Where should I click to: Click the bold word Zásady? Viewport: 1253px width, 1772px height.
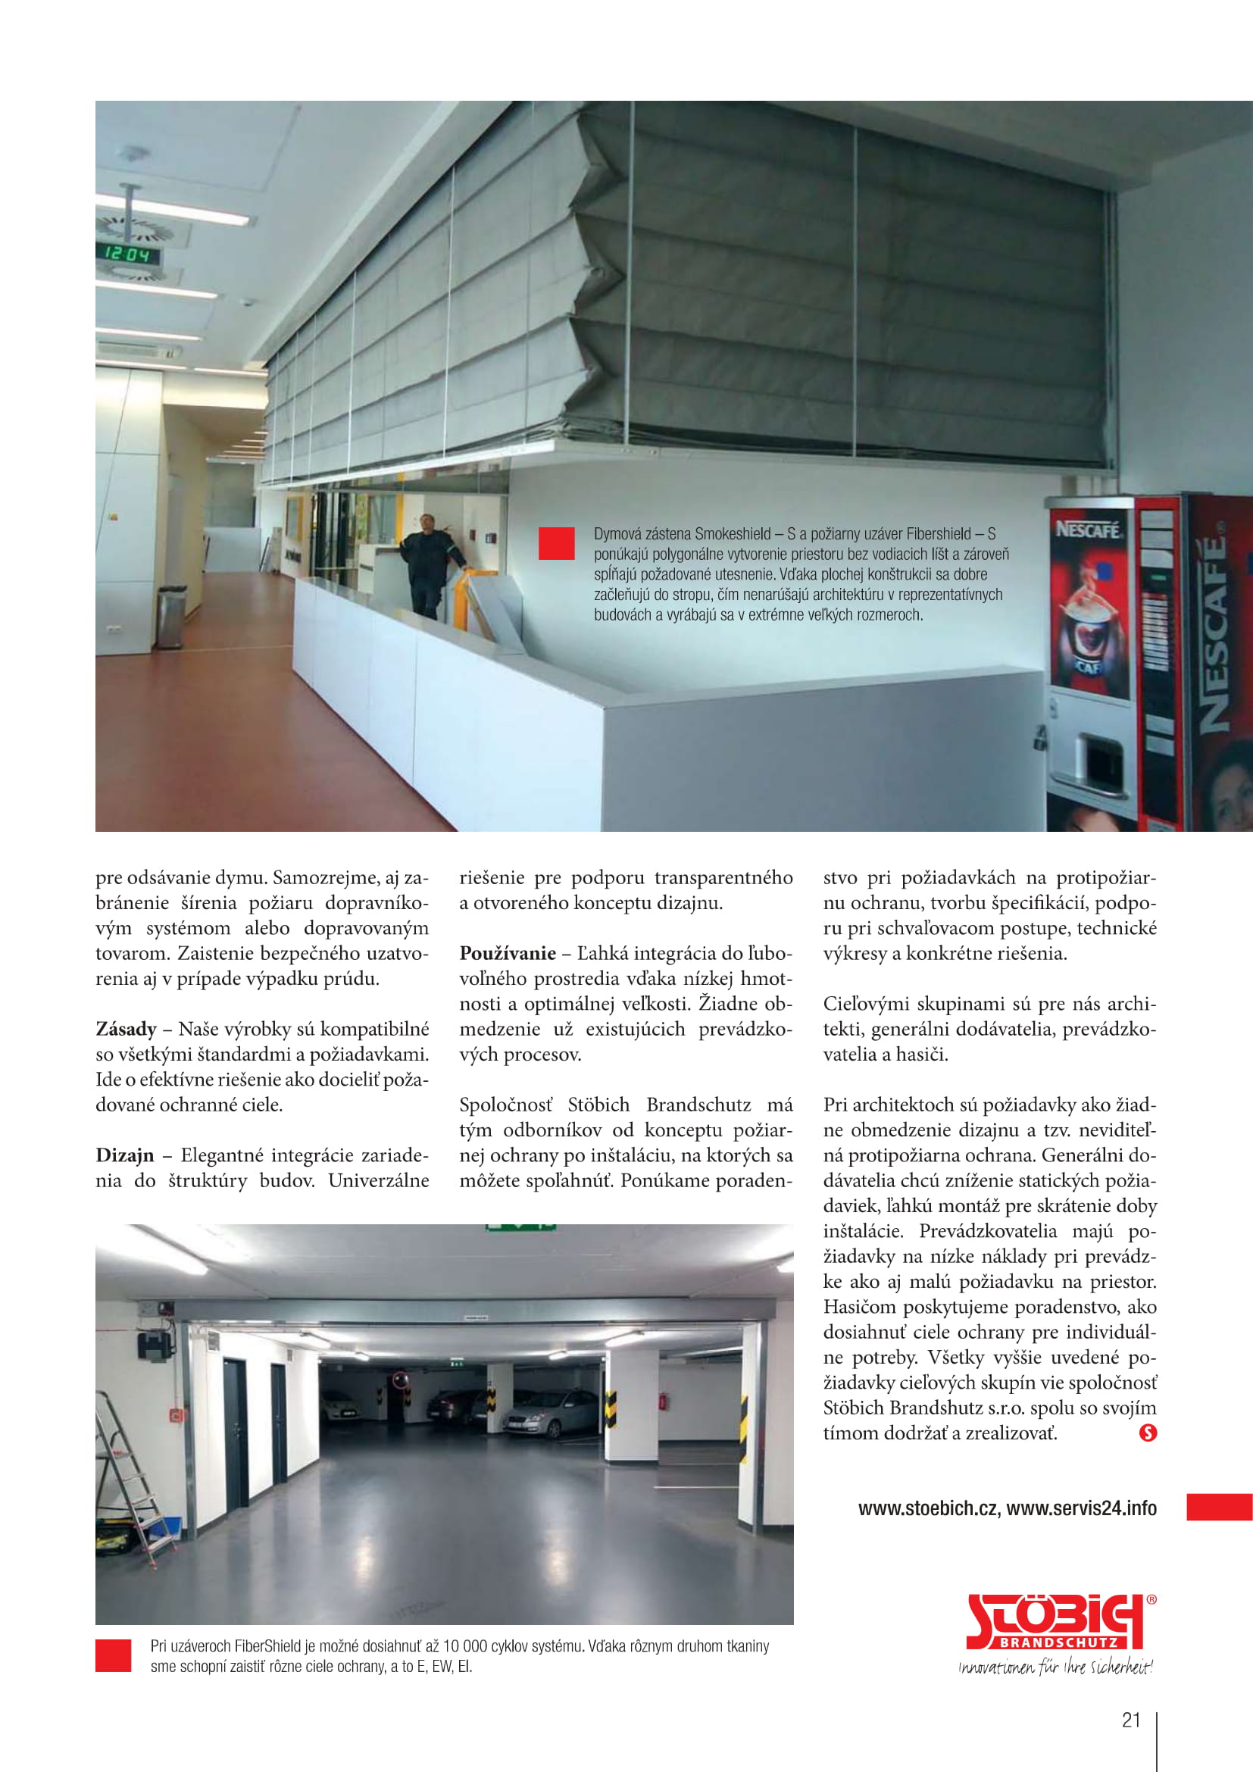pos(126,1029)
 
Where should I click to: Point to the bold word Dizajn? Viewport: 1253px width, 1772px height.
pos(125,1155)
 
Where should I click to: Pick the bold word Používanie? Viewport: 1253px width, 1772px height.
pos(507,953)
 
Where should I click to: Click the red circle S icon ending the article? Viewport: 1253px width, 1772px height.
pos(1147,1433)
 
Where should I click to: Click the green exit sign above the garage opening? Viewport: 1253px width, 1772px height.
pos(520,1227)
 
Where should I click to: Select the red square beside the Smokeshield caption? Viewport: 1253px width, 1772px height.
pos(556,543)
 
